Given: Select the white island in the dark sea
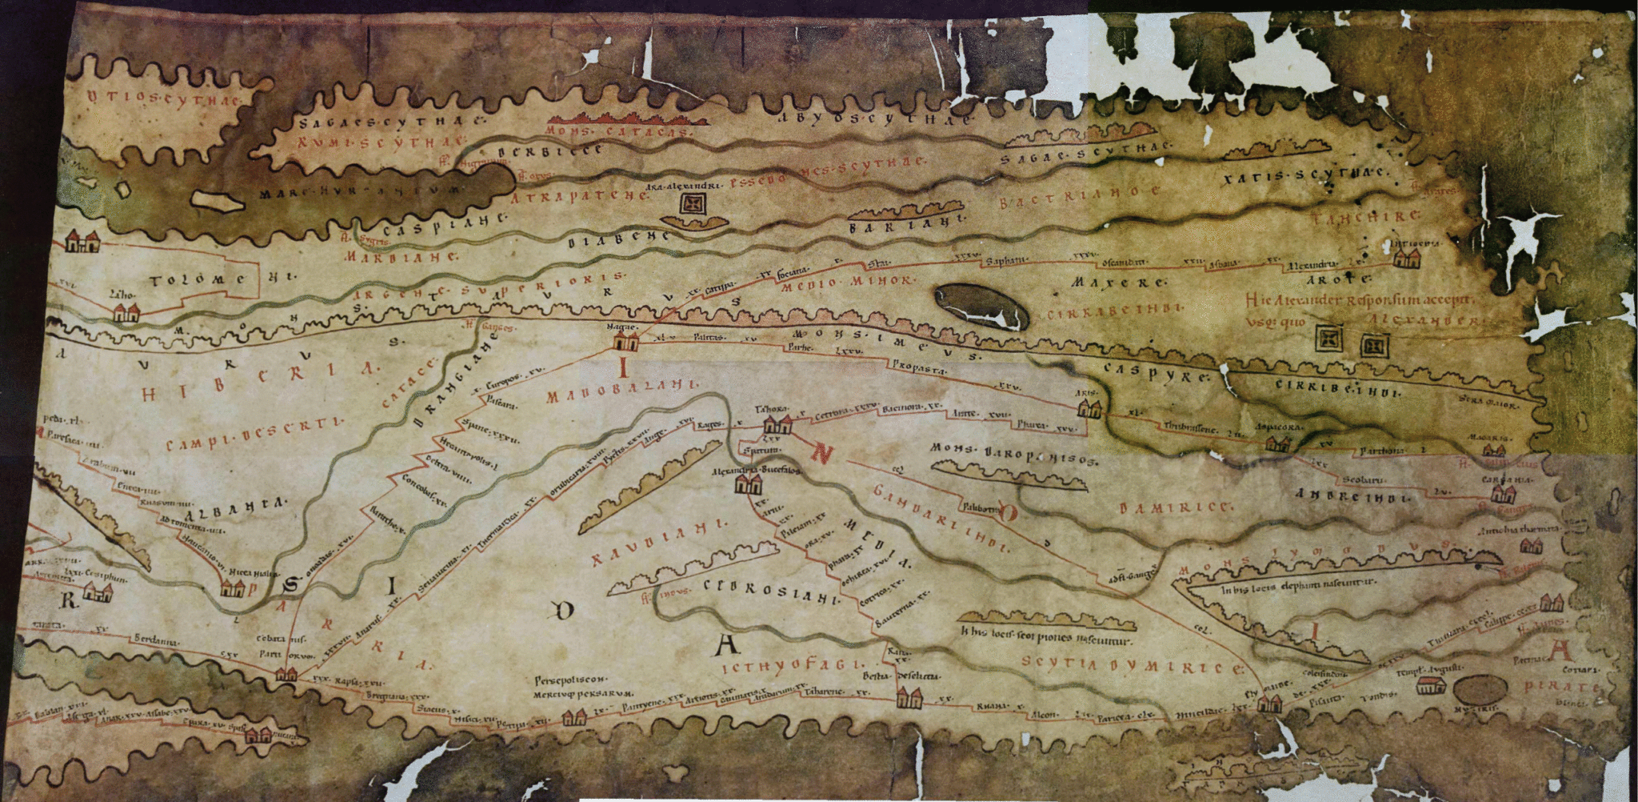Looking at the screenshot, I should click(x=218, y=202).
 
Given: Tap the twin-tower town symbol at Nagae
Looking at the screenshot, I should click(x=625, y=342).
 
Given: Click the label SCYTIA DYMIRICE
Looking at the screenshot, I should click(x=1132, y=664).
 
